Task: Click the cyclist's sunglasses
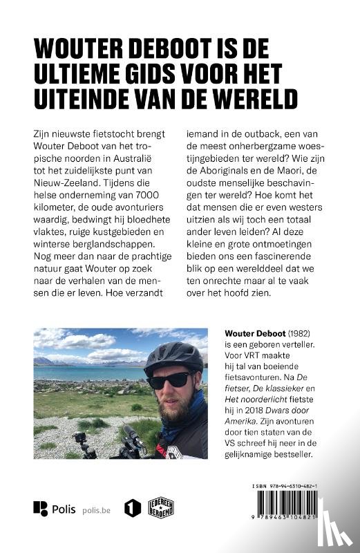tap(169, 379)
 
